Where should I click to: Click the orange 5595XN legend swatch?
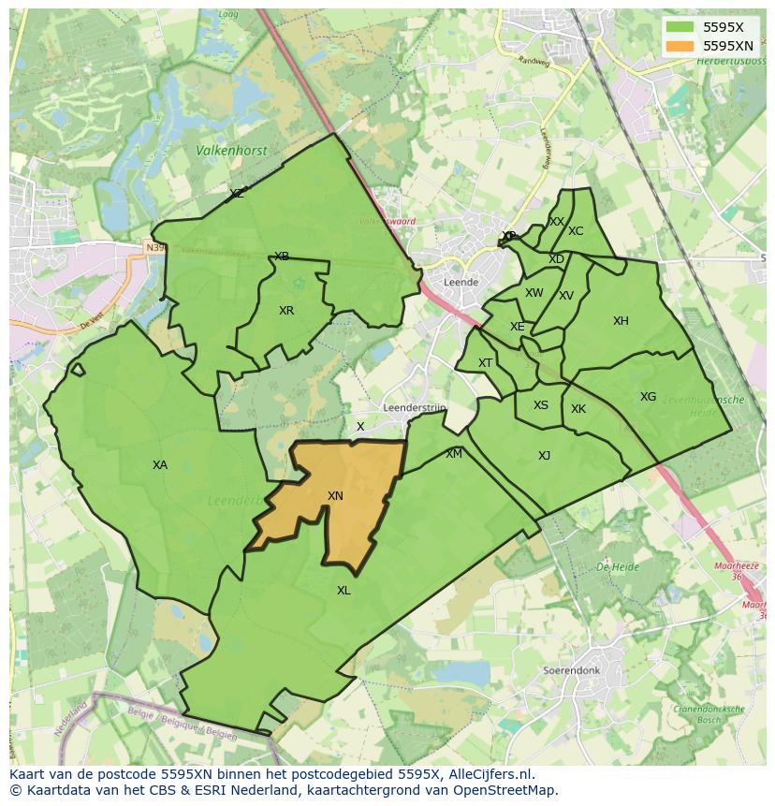(680, 46)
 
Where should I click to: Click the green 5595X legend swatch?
(680, 27)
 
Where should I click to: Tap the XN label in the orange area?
(335, 496)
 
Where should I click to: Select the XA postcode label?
(160, 465)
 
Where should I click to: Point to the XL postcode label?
(344, 591)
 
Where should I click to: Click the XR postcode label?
(286, 311)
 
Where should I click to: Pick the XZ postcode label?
(237, 194)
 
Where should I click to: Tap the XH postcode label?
(621, 321)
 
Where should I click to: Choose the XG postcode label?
(648, 397)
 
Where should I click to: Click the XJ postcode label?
(544, 456)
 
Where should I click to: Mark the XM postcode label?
(454, 454)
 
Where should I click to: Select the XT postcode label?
(485, 363)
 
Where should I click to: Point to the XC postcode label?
(576, 231)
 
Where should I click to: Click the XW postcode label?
(534, 293)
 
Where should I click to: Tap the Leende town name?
(461, 282)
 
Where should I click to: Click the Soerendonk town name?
(570, 671)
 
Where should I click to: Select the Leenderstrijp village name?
(415, 408)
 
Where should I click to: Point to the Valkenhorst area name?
(231, 150)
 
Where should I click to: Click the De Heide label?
(617, 567)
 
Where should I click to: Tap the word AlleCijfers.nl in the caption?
(490, 774)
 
